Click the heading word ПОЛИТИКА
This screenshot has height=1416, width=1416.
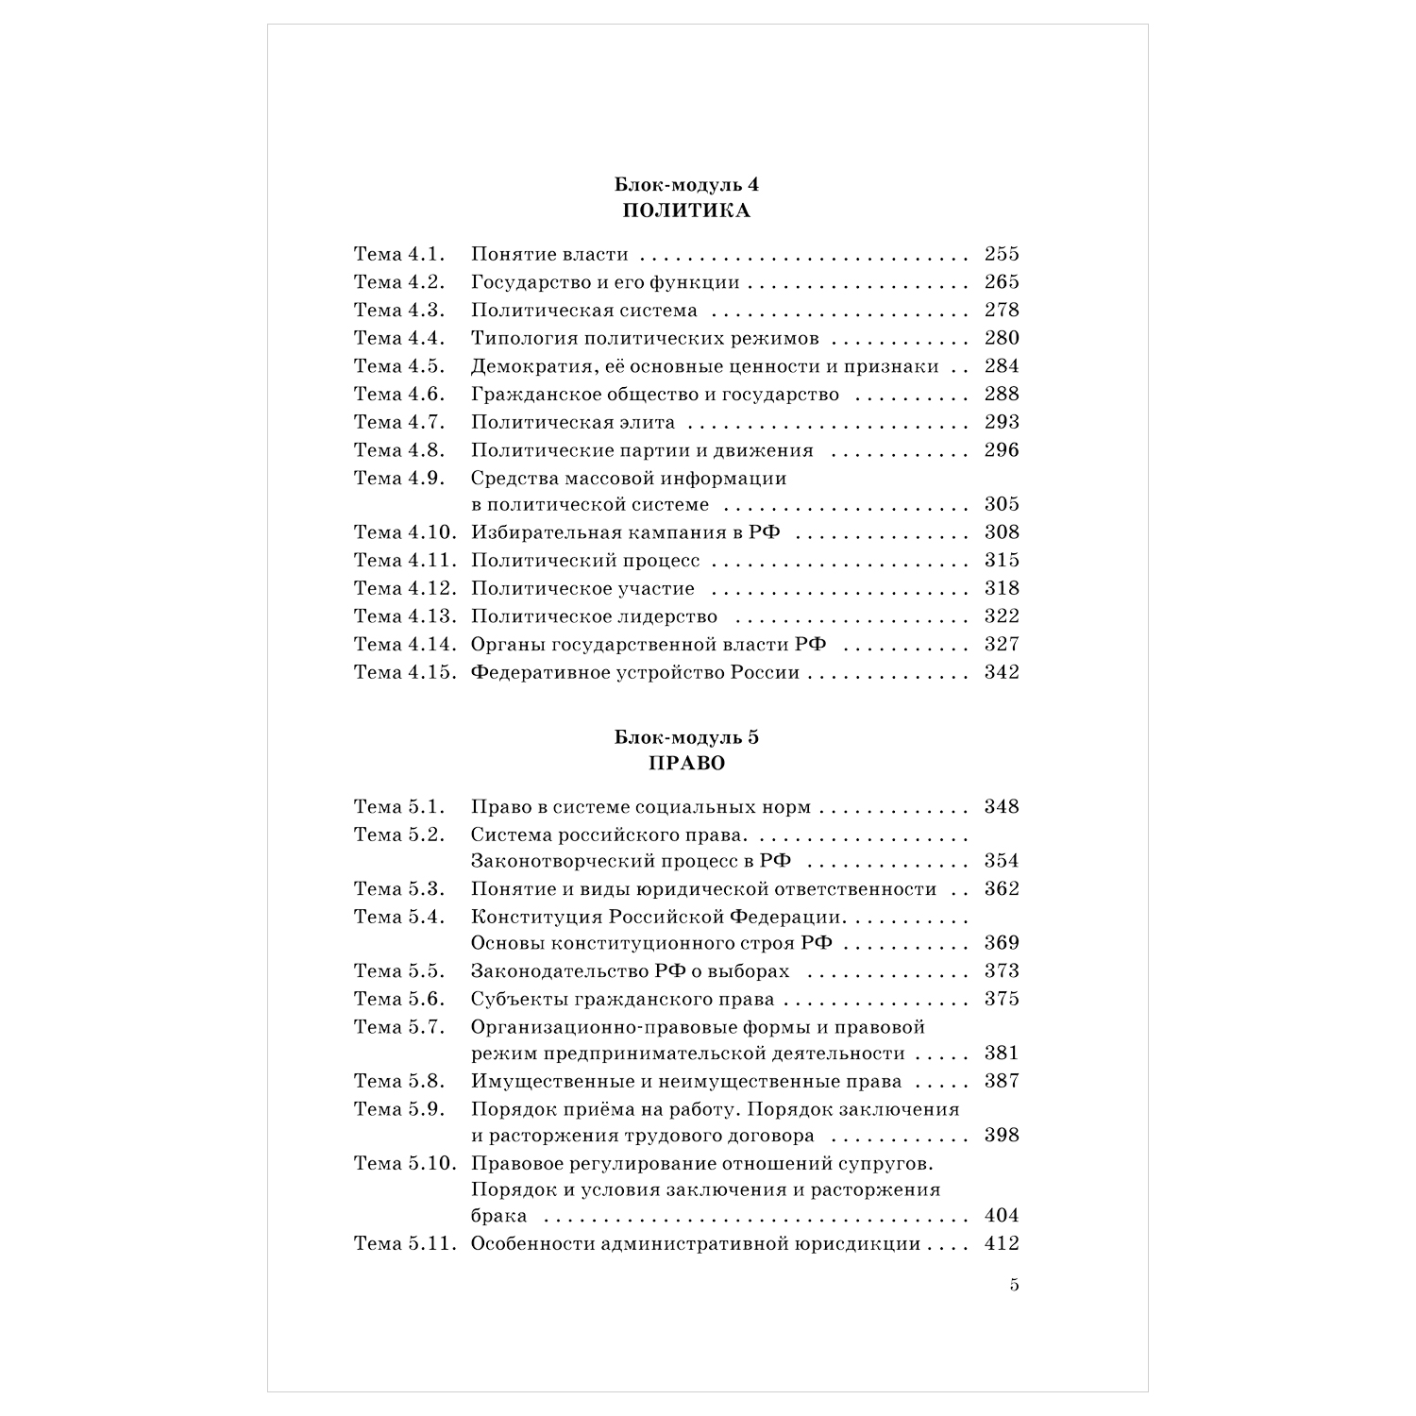[686, 211]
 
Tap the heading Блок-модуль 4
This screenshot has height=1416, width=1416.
[686, 185]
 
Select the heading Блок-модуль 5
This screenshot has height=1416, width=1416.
[686, 738]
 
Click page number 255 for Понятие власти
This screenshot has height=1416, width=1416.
[1002, 254]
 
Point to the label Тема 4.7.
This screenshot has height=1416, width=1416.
[398, 422]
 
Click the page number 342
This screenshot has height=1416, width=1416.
[1002, 672]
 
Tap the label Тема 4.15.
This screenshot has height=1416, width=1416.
[405, 672]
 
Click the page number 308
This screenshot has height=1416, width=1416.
[1002, 532]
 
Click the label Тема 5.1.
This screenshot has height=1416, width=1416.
[398, 807]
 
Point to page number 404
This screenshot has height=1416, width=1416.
[1002, 1216]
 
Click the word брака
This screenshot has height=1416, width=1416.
[498, 1216]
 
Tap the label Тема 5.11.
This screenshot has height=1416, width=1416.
[405, 1244]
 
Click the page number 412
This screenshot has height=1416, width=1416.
[1002, 1244]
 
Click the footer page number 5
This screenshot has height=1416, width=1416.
[1015, 1285]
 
